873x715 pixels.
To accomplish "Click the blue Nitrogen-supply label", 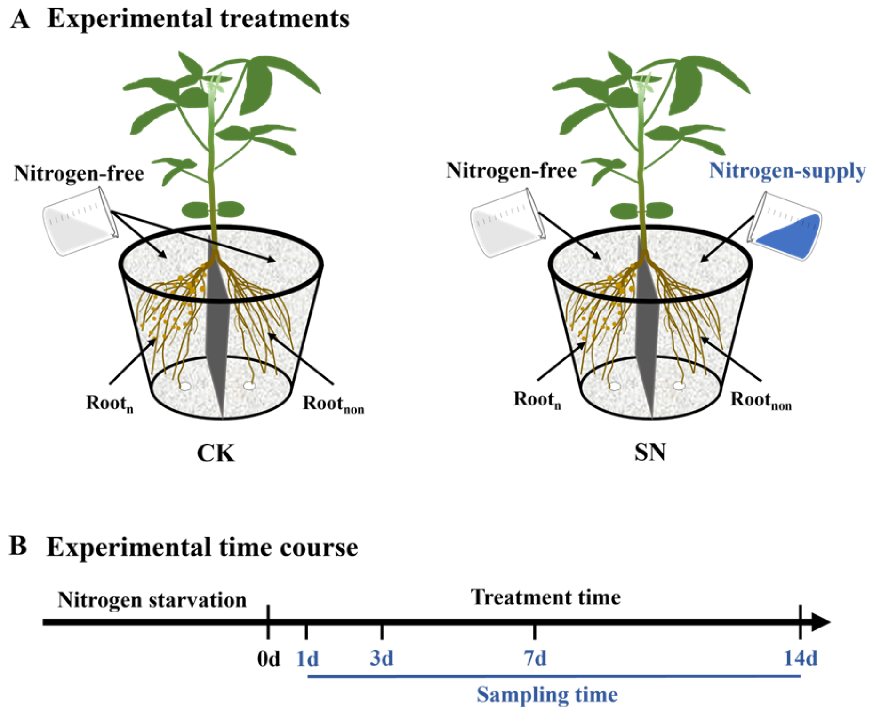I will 787,171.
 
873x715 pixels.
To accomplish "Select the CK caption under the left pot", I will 216,453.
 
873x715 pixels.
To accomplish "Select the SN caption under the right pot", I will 650,452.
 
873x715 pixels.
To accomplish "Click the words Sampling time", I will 547,695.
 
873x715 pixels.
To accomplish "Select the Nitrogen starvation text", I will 152,600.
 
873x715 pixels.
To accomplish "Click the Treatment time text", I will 546,597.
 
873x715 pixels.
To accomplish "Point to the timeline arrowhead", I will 821,622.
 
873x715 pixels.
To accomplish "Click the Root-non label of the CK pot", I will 333,404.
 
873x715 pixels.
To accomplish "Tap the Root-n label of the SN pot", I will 537,400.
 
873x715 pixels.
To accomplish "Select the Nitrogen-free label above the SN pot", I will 511,170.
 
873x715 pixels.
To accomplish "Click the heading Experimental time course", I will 202,547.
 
